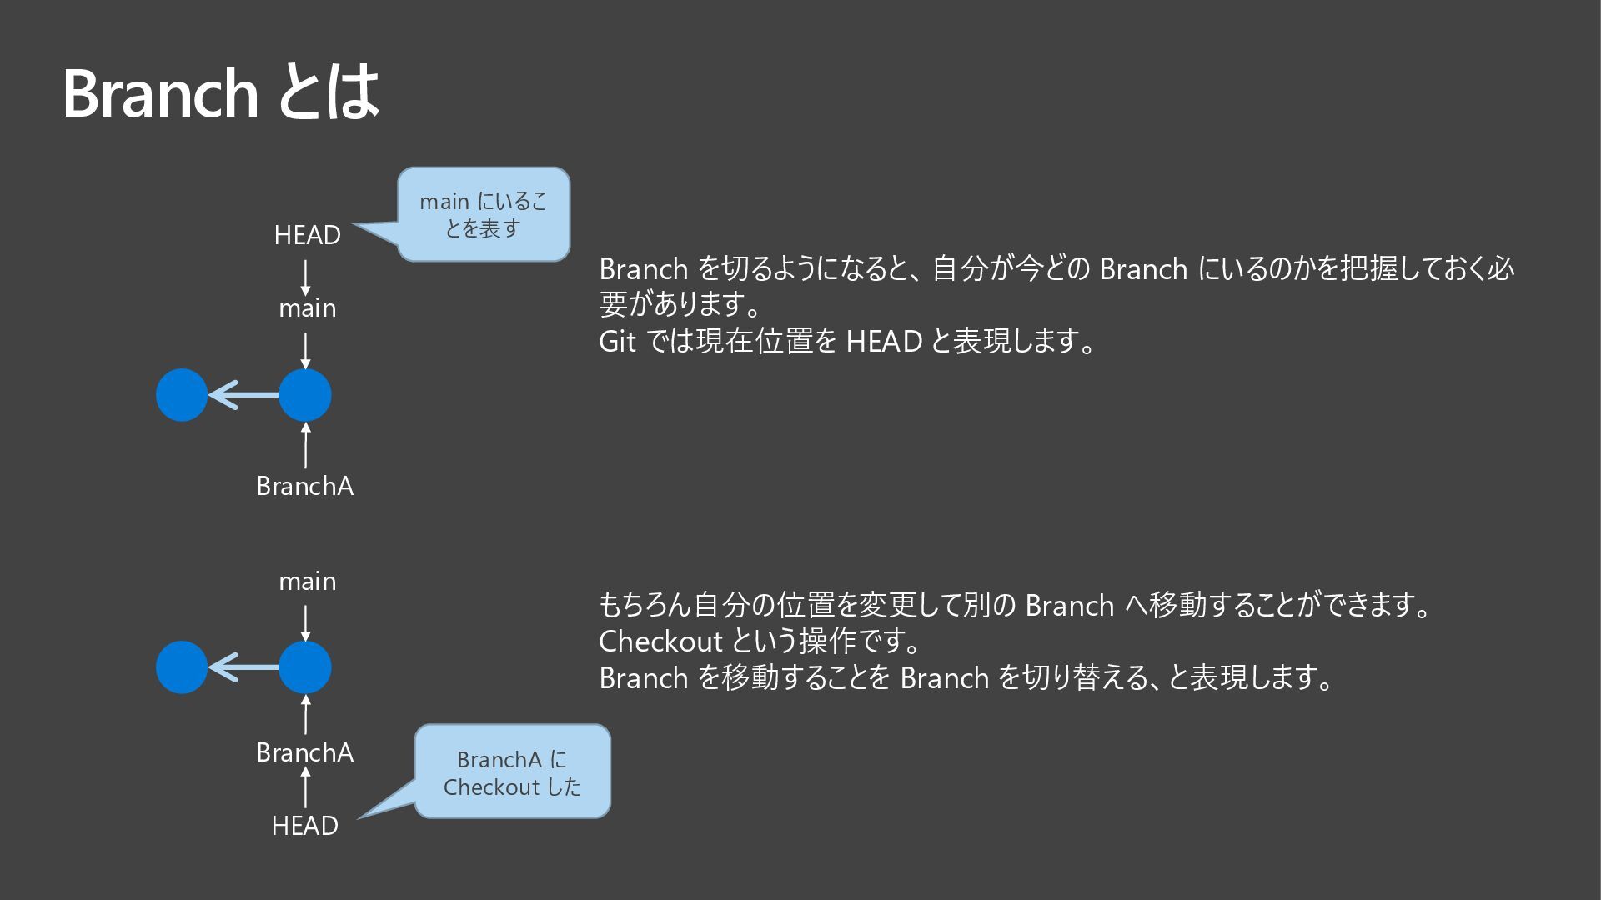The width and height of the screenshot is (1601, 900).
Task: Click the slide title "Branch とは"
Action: (x=221, y=92)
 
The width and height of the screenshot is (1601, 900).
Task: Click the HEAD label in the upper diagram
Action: (x=307, y=236)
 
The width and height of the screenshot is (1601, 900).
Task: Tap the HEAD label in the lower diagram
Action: (x=304, y=826)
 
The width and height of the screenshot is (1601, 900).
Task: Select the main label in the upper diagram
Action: (x=307, y=308)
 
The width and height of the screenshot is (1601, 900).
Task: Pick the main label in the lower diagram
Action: (x=307, y=581)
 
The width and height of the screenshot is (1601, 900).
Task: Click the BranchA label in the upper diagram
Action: (x=304, y=486)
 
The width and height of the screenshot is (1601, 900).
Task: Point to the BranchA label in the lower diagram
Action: (x=304, y=752)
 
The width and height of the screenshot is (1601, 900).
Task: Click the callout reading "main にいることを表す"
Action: (x=484, y=214)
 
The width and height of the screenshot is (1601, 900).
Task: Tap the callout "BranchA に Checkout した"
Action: (x=512, y=772)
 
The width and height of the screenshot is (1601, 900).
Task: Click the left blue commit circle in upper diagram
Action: (x=182, y=395)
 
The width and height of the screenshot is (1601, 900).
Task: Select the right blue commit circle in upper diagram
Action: (x=305, y=395)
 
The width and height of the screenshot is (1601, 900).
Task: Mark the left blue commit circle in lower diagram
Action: (x=182, y=667)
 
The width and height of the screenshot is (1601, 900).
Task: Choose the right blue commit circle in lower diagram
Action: (x=305, y=667)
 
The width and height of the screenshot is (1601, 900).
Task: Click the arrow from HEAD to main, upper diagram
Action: (x=305, y=277)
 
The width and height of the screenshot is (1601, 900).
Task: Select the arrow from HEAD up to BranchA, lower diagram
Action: (x=305, y=787)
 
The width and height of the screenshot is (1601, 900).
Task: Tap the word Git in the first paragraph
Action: (x=617, y=342)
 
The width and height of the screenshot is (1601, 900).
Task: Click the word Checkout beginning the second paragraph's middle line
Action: (x=660, y=642)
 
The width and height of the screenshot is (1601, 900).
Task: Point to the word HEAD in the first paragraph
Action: (x=884, y=342)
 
